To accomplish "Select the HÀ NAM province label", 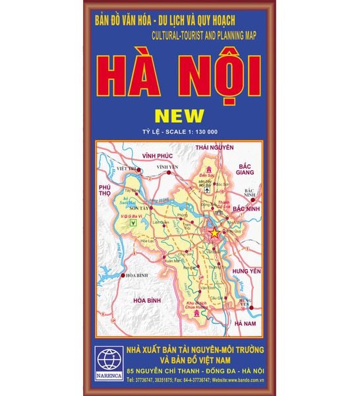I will pyautogui.click(x=244, y=323).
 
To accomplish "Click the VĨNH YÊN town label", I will pyautogui.click(x=167, y=168).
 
